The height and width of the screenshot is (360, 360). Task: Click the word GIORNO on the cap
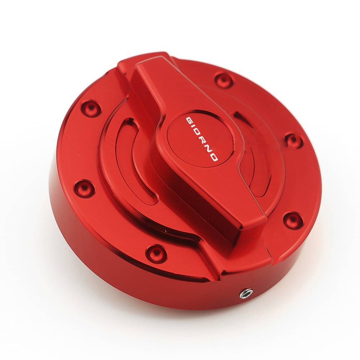201,139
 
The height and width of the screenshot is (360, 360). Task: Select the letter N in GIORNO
208,148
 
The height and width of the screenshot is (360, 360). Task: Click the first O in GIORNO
197,133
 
